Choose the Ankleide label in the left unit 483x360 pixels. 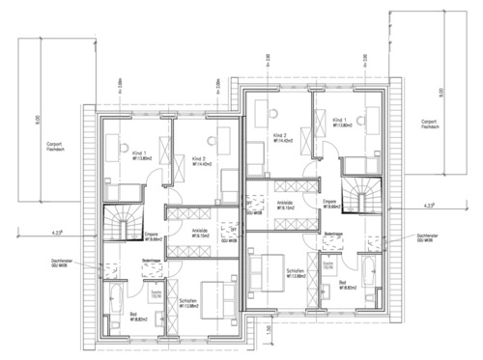click(201, 233)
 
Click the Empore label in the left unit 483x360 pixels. click(151, 234)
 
